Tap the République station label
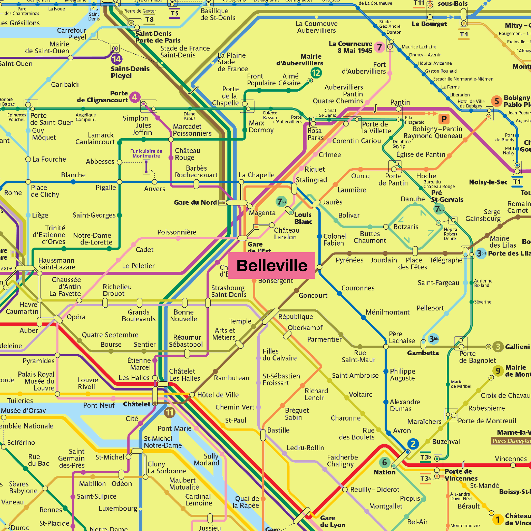(295, 317)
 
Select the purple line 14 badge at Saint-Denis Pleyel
(117, 59)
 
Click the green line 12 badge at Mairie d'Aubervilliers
(316, 73)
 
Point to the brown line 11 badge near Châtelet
(169, 412)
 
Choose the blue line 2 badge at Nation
(413, 444)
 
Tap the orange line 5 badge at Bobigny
(497, 101)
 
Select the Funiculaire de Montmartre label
(146, 153)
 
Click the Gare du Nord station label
(195, 203)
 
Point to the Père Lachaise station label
(402, 337)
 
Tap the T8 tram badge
(149, 20)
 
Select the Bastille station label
(278, 430)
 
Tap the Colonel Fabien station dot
(319, 236)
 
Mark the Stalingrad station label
(311, 180)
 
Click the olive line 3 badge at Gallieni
(498, 347)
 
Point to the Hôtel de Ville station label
(218, 395)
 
